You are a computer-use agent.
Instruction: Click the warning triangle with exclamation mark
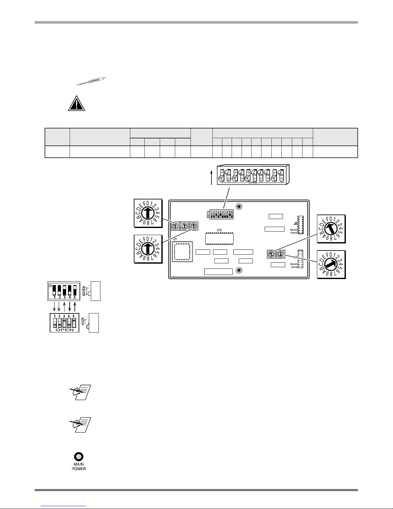(x=77, y=103)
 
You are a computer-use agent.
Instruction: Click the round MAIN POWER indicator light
(x=79, y=456)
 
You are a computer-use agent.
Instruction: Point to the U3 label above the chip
(x=219, y=230)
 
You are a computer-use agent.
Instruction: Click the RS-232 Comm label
(x=294, y=231)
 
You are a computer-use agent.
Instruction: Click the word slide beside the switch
(x=84, y=291)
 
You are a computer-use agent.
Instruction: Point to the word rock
(x=83, y=322)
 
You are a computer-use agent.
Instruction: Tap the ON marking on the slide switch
(x=50, y=285)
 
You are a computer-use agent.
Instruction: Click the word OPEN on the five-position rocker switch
(x=64, y=330)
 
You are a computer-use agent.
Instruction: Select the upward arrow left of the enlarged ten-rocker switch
(x=211, y=178)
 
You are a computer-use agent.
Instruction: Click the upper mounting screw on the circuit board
(x=239, y=206)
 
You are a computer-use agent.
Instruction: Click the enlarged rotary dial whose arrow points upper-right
(x=331, y=264)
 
